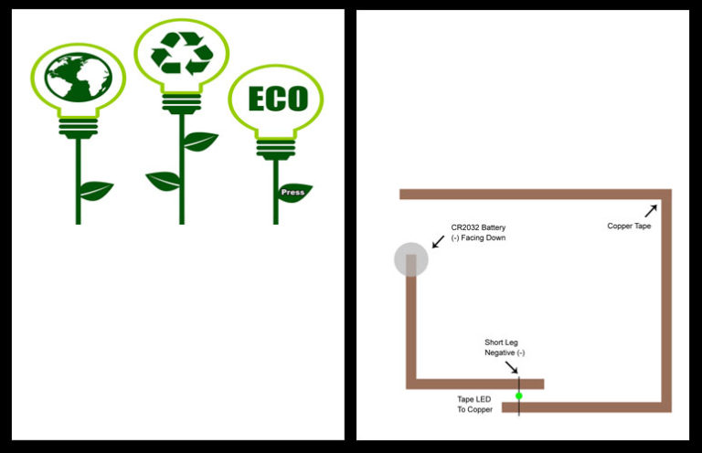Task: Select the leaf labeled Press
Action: (294, 192)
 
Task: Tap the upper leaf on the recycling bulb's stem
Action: (199, 142)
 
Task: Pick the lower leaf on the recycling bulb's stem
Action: (164, 181)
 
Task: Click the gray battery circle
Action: (410, 259)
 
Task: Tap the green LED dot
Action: (518, 395)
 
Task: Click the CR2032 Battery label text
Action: (478, 232)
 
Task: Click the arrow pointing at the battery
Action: (438, 240)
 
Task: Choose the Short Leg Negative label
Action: (505, 347)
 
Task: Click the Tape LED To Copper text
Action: (474, 404)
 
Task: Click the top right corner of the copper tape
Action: (666, 194)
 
